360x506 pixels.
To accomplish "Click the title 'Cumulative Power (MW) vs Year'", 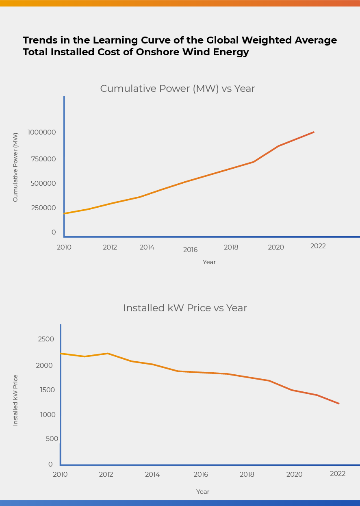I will [x=177, y=89].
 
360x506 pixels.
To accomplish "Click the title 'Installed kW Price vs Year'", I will [x=185, y=308].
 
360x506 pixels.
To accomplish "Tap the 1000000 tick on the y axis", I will [x=41, y=132].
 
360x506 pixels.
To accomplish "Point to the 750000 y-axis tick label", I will [x=43, y=159].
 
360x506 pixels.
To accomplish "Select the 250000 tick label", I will [x=43, y=208].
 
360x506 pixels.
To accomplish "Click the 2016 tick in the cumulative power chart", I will [x=190, y=250].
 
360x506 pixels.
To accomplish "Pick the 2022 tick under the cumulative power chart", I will [x=318, y=246].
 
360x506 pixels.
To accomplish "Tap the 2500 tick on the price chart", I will [x=46, y=339].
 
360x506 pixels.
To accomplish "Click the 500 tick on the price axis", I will [x=52, y=439].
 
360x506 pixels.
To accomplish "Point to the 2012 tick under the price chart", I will [x=106, y=474].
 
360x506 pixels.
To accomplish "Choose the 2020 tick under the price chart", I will [x=294, y=474].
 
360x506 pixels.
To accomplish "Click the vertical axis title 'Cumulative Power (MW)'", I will [x=15, y=167].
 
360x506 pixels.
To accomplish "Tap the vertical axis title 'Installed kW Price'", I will [x=15, y=400].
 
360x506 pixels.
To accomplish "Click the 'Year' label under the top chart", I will [x=209, y=262].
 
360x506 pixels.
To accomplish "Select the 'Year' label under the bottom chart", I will [x=203, y=492].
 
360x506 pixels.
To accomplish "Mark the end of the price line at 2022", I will [x=339, y=404].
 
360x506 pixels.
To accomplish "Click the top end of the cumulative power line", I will [x=314, y=132].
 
